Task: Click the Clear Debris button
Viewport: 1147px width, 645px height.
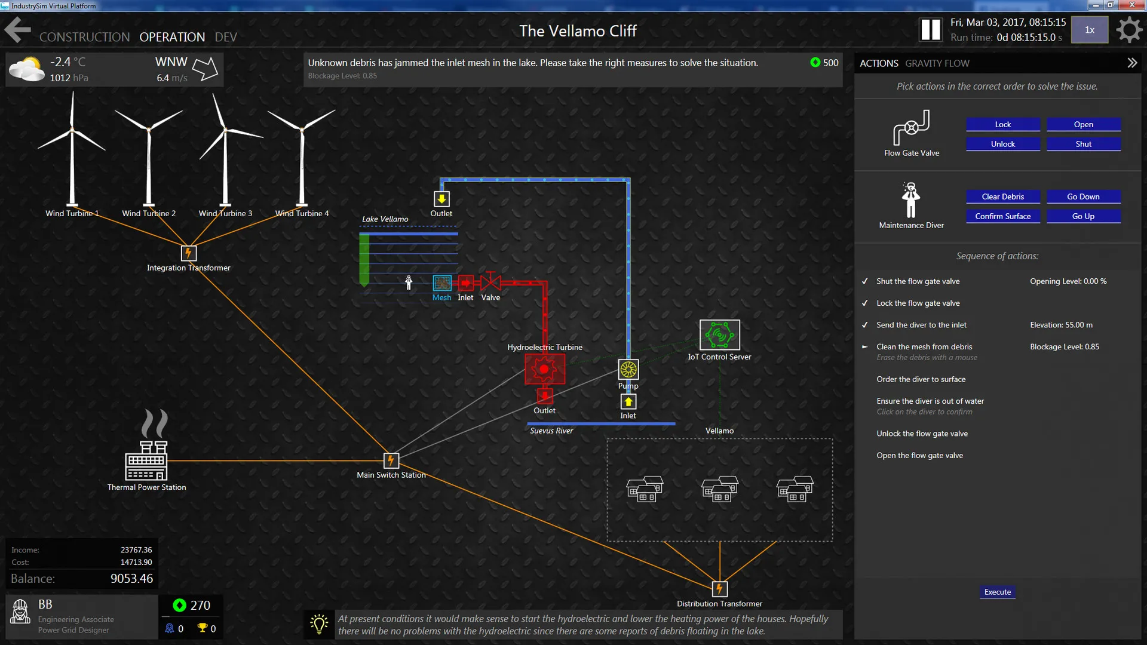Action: click(1002, 196)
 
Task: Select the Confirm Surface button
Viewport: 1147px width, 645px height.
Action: click(1002, 216)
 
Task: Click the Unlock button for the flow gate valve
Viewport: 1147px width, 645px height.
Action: click(1002, 144)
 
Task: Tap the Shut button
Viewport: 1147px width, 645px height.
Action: click(1083, 144)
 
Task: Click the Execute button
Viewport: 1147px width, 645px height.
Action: click(998, 592)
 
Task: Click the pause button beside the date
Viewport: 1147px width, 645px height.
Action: click(931, 29)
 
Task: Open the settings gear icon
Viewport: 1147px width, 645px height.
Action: click(1128, 30)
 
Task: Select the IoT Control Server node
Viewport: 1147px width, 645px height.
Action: click(720, 335)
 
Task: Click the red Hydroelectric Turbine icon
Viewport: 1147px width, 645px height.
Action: click(544, 369)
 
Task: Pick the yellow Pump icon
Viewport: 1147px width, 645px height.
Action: click(628, 369)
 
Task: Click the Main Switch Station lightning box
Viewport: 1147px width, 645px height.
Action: click(391, 460)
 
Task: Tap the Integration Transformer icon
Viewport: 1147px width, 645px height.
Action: click(188, 253)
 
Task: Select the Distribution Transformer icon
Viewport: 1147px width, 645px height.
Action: click(719, 589)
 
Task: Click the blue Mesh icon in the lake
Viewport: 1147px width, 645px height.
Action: click(442, 282)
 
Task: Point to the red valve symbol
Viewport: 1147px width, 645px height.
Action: click(490, 281)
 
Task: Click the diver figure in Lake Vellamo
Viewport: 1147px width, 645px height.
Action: click(409, 282)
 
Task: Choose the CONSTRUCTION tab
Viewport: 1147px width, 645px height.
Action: click(84, 37)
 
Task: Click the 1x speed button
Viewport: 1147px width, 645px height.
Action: click(1090, 30)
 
